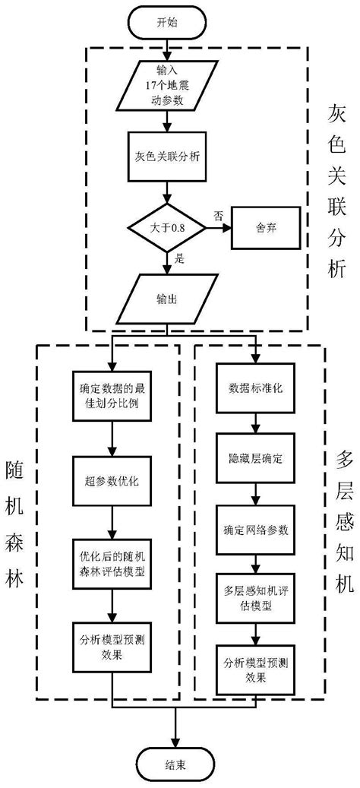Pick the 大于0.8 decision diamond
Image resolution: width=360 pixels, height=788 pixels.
coord(167,227)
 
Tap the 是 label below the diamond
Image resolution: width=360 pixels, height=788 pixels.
coord(180,258)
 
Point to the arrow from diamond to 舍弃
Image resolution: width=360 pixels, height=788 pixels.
coord(217,227)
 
